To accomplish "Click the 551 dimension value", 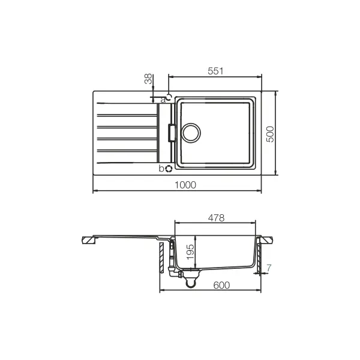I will coord(215,71).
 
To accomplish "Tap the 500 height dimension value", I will coord(271,134).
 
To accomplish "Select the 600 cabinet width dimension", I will coord(221,286).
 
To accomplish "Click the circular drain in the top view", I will coord(192,131).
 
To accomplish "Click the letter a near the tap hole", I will coord(163,99).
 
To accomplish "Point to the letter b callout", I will coord(161,169).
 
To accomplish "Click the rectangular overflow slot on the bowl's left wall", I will coord(173,131).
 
